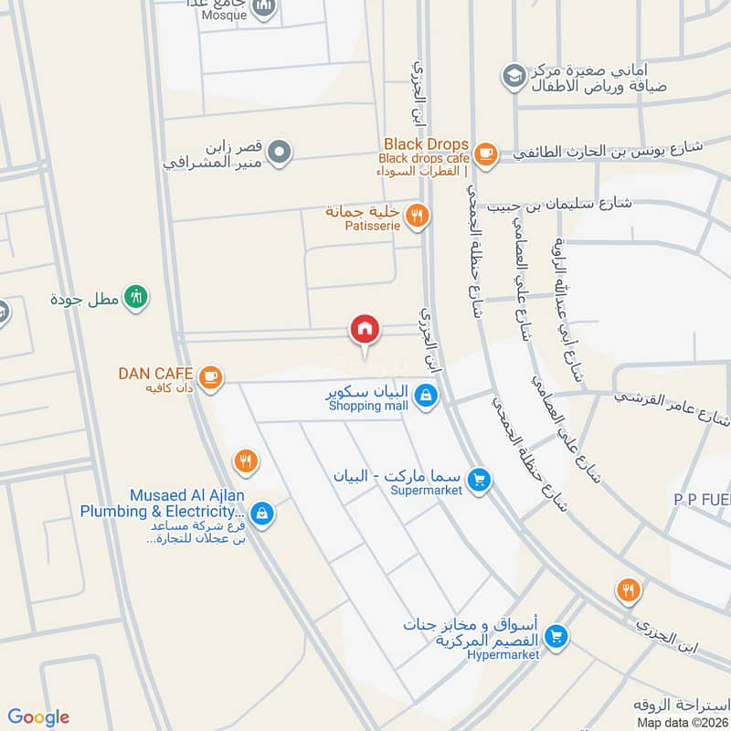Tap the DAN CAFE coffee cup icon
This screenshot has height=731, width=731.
tap(210, 376)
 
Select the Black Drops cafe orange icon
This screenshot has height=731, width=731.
tap(485, 153)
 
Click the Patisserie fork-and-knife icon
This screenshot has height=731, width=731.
tap(417, 216)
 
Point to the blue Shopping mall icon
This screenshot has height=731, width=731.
tap(424, 397)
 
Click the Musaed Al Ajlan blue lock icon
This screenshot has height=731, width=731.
tap(262, 514)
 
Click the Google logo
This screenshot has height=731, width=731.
tap(38, 717)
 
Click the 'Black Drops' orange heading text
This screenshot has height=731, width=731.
tap(426, 144)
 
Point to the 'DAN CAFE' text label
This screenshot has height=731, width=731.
tap(155, 373)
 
